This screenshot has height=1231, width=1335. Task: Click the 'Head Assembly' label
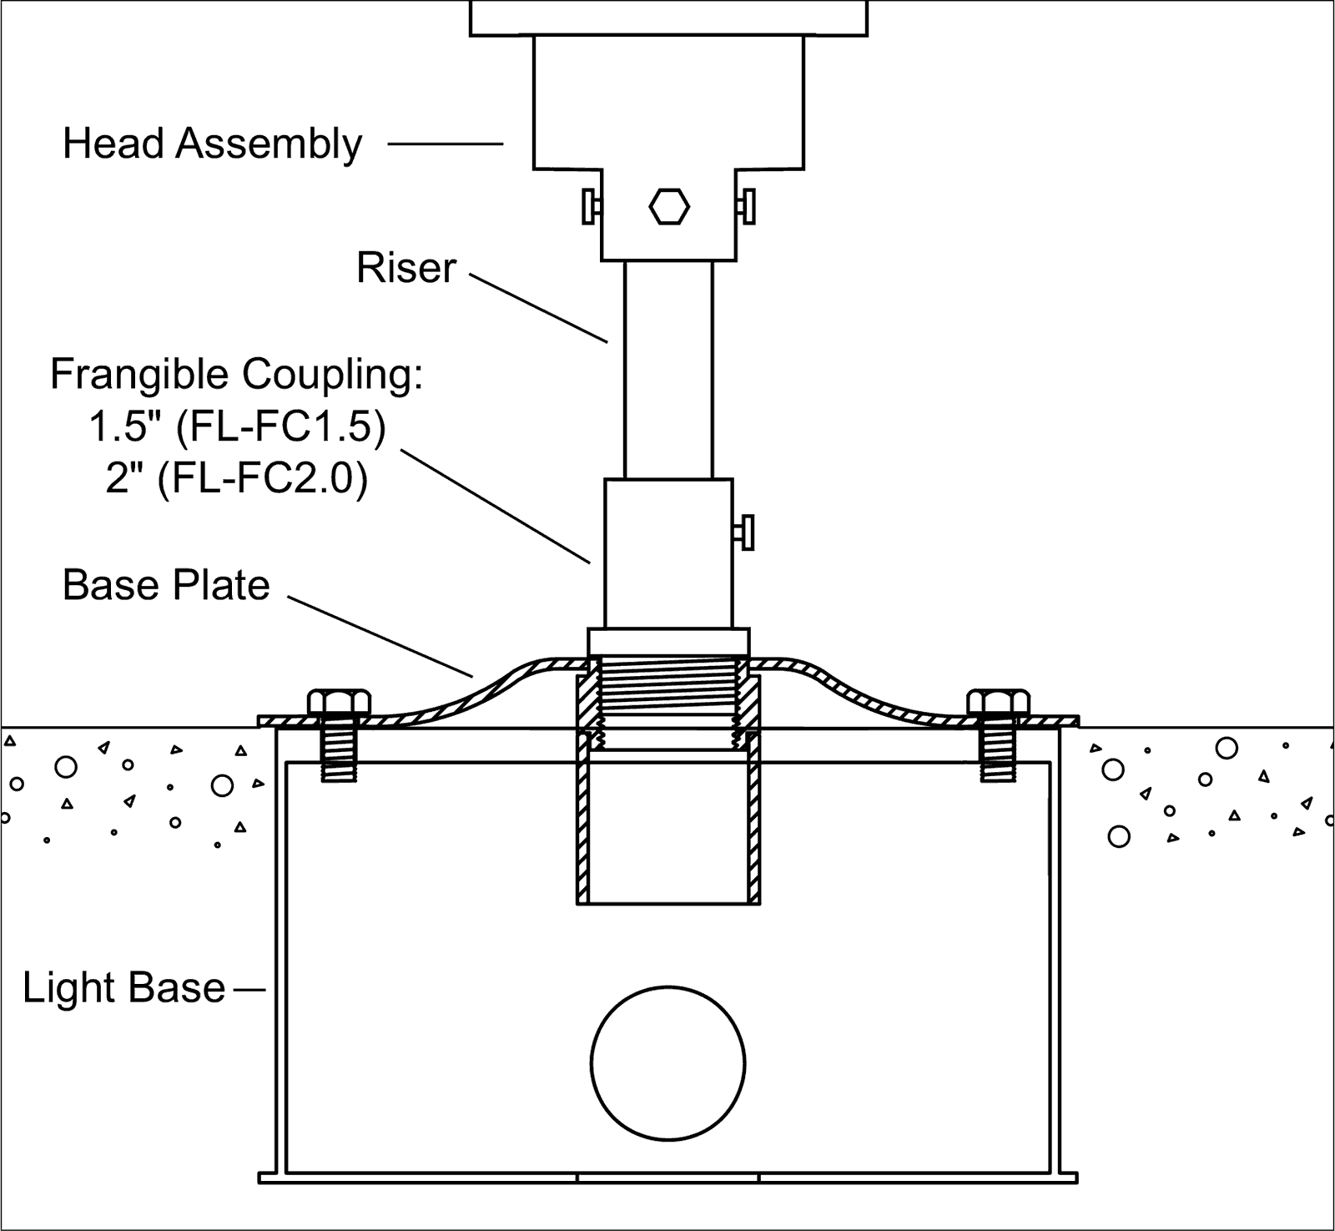(x=212, y=144)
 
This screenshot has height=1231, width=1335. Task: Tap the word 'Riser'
(x=406, y=269)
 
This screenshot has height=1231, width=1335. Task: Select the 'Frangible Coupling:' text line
(x=237, y=375)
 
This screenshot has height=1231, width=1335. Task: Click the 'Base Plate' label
(x=166, y=586)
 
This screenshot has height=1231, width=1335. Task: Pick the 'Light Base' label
(x=123, y=988)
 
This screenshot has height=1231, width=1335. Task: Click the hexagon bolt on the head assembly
(x=669, y=207)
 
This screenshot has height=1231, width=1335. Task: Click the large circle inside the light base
(x=667, y=1063)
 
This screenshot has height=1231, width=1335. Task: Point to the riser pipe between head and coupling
(x=668, y=367)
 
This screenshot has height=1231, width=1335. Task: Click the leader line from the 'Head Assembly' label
(x=446, y=144)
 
